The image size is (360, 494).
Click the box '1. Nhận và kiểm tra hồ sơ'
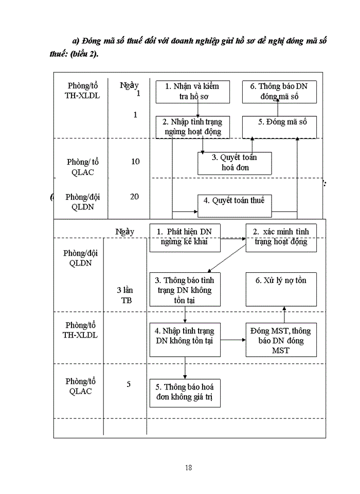192,92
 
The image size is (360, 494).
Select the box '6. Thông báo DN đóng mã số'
279,92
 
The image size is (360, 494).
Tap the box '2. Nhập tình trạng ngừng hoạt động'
192,127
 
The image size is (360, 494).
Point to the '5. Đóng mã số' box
279,127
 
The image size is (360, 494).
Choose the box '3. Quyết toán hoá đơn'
235,163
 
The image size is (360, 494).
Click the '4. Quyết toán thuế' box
235,205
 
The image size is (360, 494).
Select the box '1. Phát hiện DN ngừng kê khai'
184,237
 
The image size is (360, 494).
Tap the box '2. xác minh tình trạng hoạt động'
280,237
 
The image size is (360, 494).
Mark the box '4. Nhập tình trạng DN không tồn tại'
184,339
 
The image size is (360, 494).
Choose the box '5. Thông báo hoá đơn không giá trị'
184,393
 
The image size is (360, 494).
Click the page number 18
188,467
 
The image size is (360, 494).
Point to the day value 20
134,197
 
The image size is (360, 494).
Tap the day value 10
135,162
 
